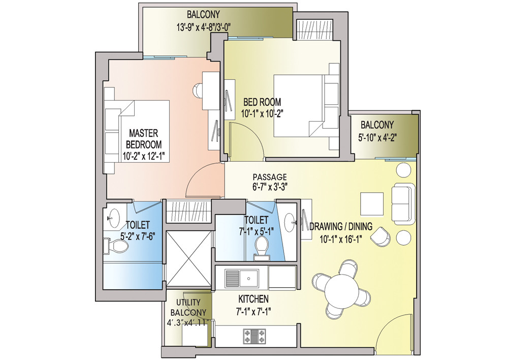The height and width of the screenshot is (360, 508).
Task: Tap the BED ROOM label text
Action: (262, 102)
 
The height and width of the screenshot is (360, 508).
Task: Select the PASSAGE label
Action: (270, 176)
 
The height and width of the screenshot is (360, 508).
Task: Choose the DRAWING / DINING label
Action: (341, 227)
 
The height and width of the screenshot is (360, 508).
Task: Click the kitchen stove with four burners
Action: (256, 335)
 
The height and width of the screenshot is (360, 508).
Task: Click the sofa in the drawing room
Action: (404, 203)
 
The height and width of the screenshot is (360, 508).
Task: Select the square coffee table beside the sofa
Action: (372, 203)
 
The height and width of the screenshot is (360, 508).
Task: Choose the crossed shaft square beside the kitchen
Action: (189, 258)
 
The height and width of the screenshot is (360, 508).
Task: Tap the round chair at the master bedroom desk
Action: (198, 91)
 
